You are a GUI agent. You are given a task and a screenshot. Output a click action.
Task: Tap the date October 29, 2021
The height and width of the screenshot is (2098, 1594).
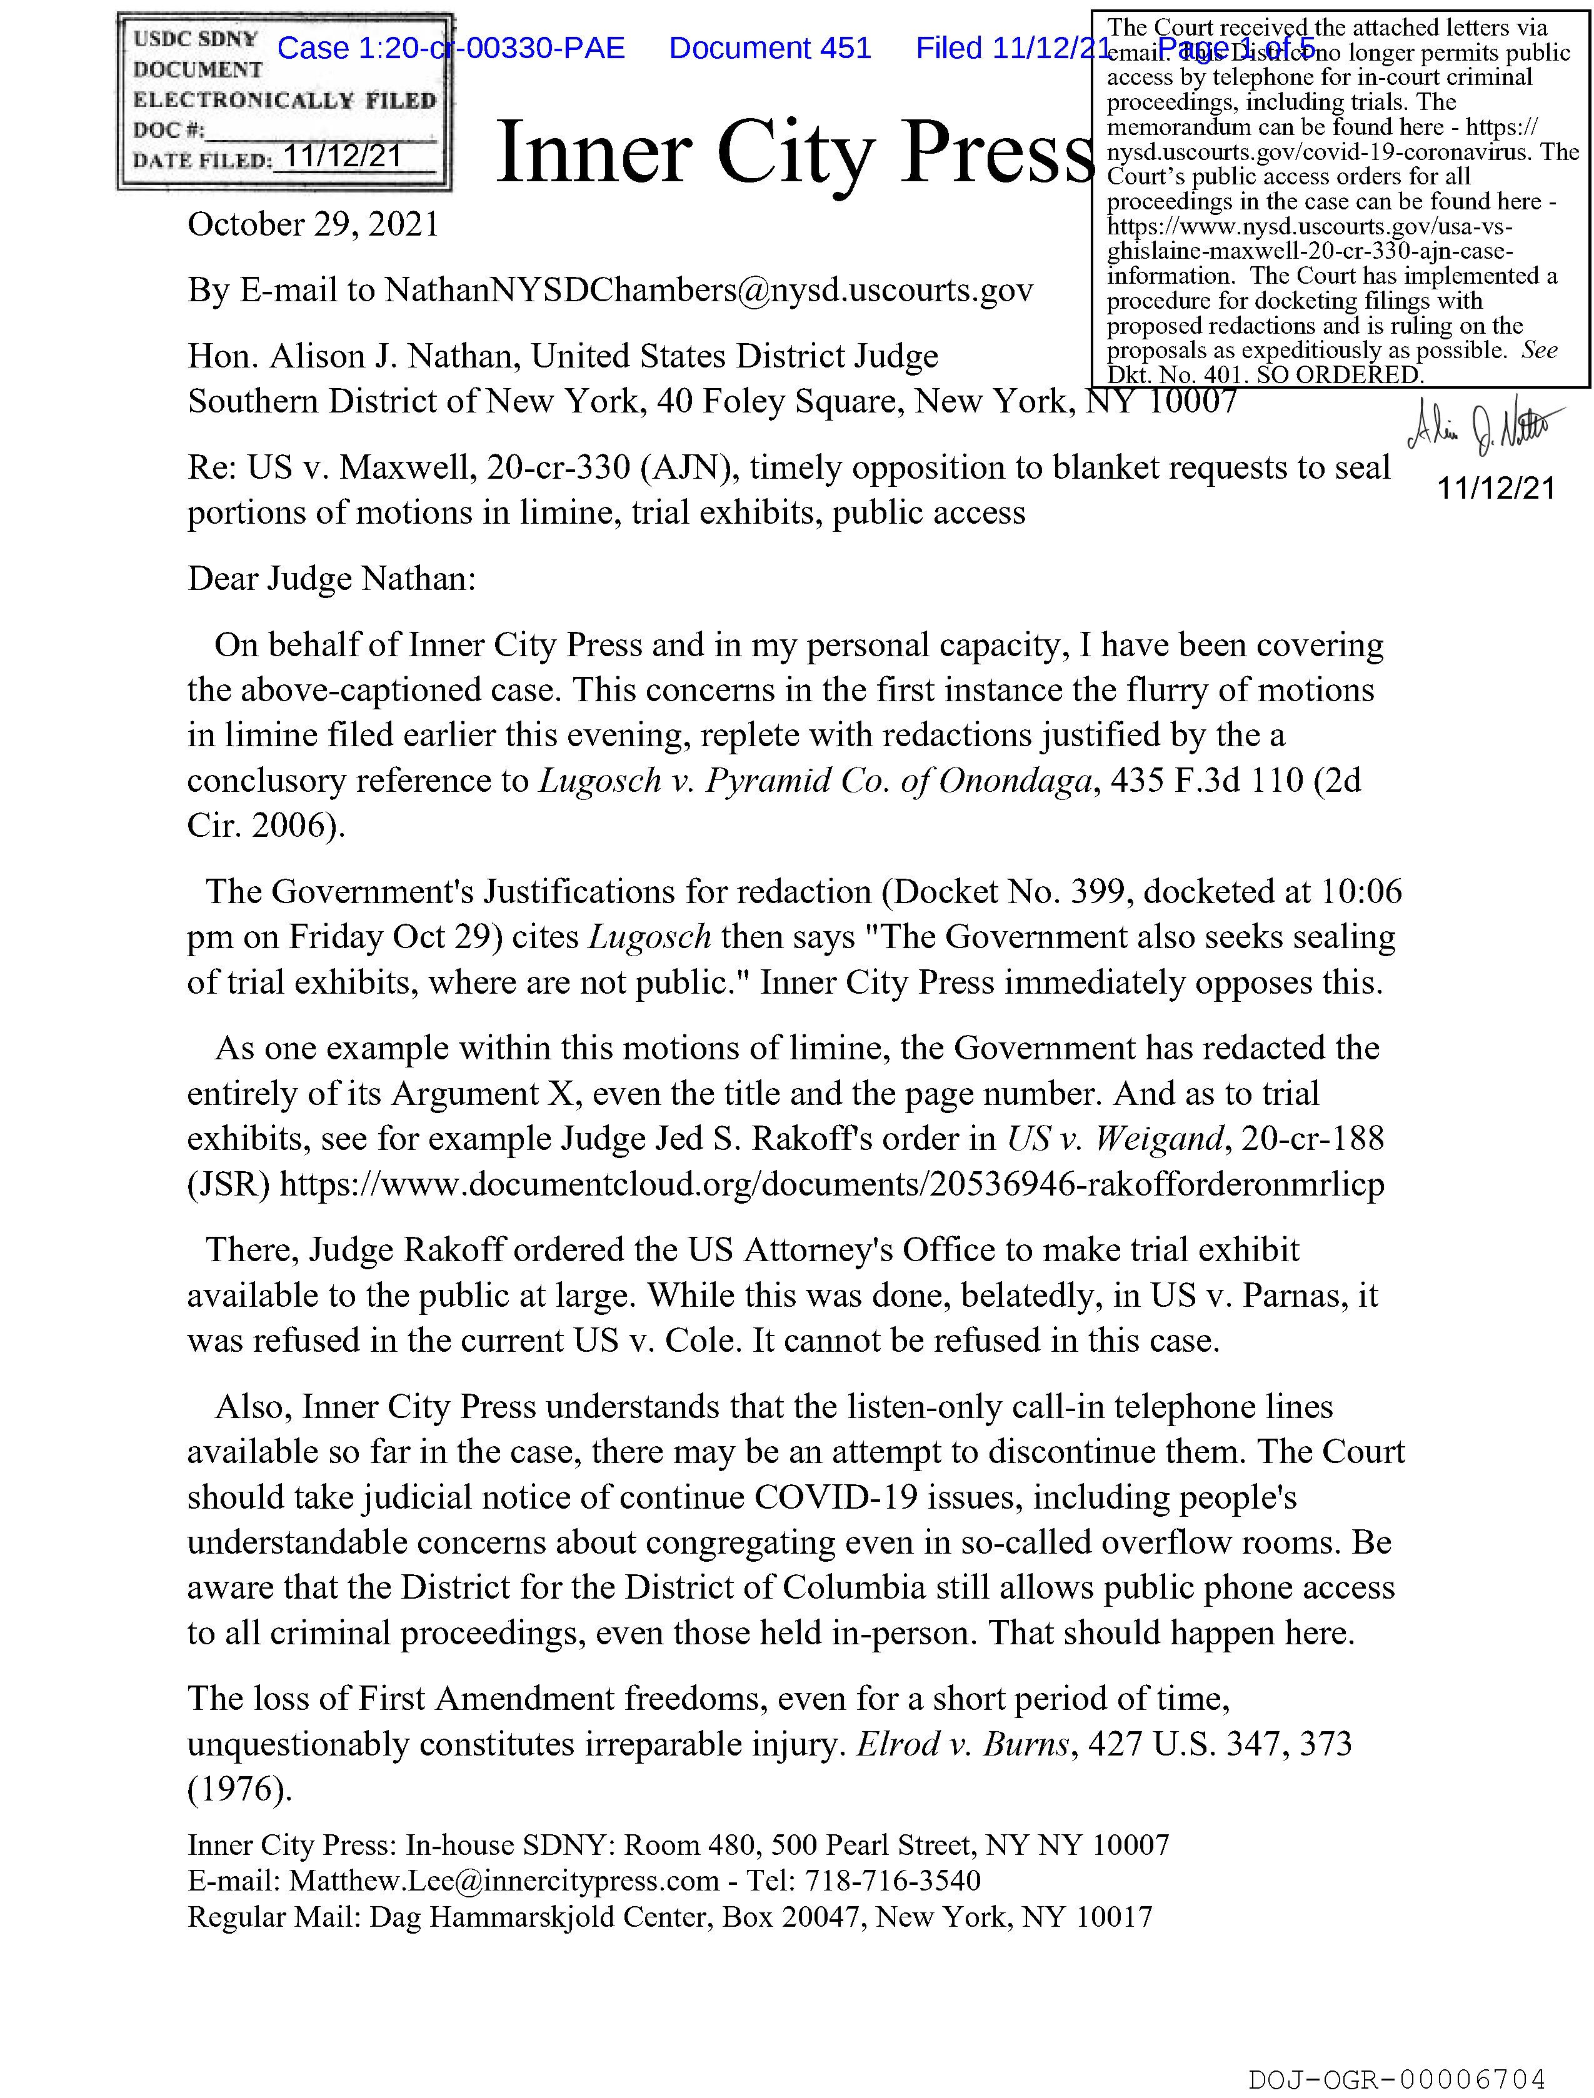tap(313, 225)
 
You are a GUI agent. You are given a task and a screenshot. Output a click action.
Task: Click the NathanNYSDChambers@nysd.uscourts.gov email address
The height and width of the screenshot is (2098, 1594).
tap(708, 290)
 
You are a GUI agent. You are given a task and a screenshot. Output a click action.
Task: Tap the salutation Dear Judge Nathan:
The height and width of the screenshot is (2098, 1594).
tap(331, 579)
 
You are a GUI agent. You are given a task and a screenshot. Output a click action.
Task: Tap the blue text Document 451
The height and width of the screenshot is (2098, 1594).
tap(769, 48)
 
